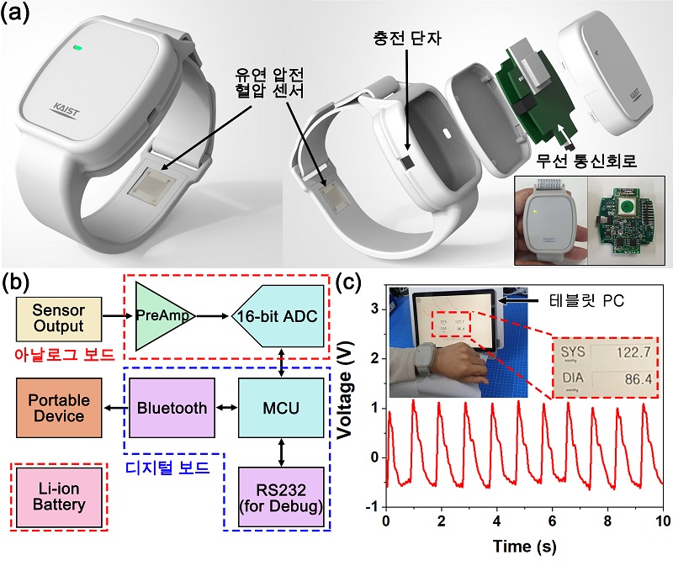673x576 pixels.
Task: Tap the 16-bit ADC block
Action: tap(276, 318)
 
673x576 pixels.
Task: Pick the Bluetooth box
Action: tap(171, 408)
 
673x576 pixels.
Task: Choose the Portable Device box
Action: tap(55, 408)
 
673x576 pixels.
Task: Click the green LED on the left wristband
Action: tap(77, 48)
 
